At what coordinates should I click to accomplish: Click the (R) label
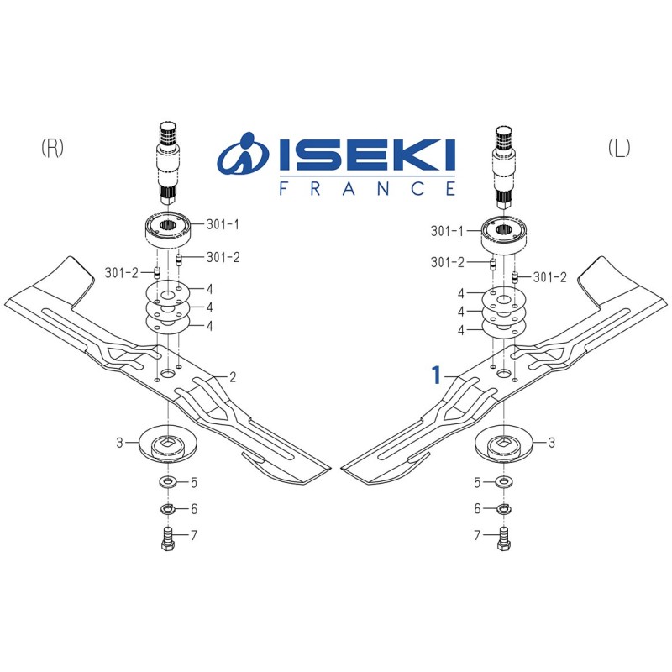(x=52, y=149)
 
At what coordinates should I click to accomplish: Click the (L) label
(x=619, y=149)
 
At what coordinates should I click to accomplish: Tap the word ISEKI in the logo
(x=367, y=155)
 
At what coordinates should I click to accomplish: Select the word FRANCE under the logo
(x=367, y=188)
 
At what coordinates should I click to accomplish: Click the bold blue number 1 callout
(x=436, y=375)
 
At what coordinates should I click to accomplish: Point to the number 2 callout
(x=233, y=377)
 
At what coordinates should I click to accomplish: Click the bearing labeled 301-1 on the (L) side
(x=503, y=235)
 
